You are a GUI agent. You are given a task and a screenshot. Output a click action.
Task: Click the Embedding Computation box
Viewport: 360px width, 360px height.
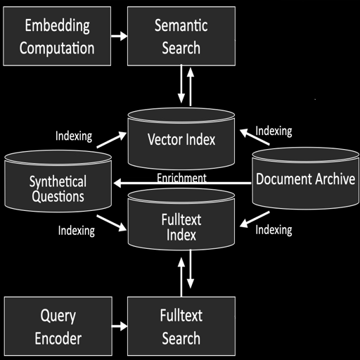(57, 37)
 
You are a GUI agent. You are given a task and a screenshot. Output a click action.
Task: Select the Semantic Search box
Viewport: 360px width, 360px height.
(181, 37)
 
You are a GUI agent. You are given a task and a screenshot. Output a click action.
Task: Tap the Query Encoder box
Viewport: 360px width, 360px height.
(57, 327)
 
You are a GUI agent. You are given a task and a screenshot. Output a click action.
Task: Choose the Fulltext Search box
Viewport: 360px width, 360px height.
(181, 327)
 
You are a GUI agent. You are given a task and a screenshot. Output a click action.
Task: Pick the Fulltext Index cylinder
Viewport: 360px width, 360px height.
(181, 226)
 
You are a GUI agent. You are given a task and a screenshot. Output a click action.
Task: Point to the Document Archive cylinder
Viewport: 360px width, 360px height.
(305, 179)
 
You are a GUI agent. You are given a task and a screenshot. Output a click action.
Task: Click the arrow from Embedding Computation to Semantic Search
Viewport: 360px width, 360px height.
(119, 35)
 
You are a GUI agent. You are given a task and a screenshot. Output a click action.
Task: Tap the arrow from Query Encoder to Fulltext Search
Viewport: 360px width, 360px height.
(119, 326)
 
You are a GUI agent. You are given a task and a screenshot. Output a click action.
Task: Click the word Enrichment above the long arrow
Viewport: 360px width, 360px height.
(181, 178)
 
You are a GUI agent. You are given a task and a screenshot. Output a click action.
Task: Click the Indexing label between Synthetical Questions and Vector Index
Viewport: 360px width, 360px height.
(73, 136)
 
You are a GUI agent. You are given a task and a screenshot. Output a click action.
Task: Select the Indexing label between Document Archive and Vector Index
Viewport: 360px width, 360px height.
(274, 131)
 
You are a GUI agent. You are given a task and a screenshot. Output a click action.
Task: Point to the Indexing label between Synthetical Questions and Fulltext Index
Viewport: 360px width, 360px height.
(77, 230)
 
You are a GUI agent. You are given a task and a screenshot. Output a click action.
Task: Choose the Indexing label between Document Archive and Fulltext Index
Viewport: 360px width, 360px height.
(274, 230)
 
